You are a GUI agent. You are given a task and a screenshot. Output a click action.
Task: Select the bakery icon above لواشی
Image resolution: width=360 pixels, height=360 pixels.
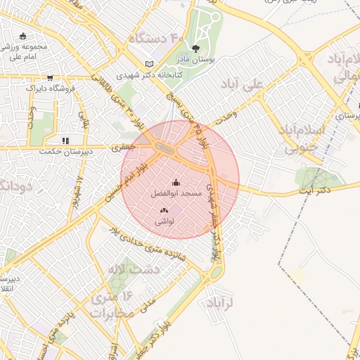tap(164, 210)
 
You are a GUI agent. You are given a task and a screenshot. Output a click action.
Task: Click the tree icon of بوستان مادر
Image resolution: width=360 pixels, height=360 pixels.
tap(195, 49)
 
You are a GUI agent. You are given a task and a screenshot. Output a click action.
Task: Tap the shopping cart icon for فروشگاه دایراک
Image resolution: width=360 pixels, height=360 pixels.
tap(50, 78)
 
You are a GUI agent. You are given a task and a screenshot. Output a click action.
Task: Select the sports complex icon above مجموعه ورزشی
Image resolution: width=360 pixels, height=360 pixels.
tap(23, 36)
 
